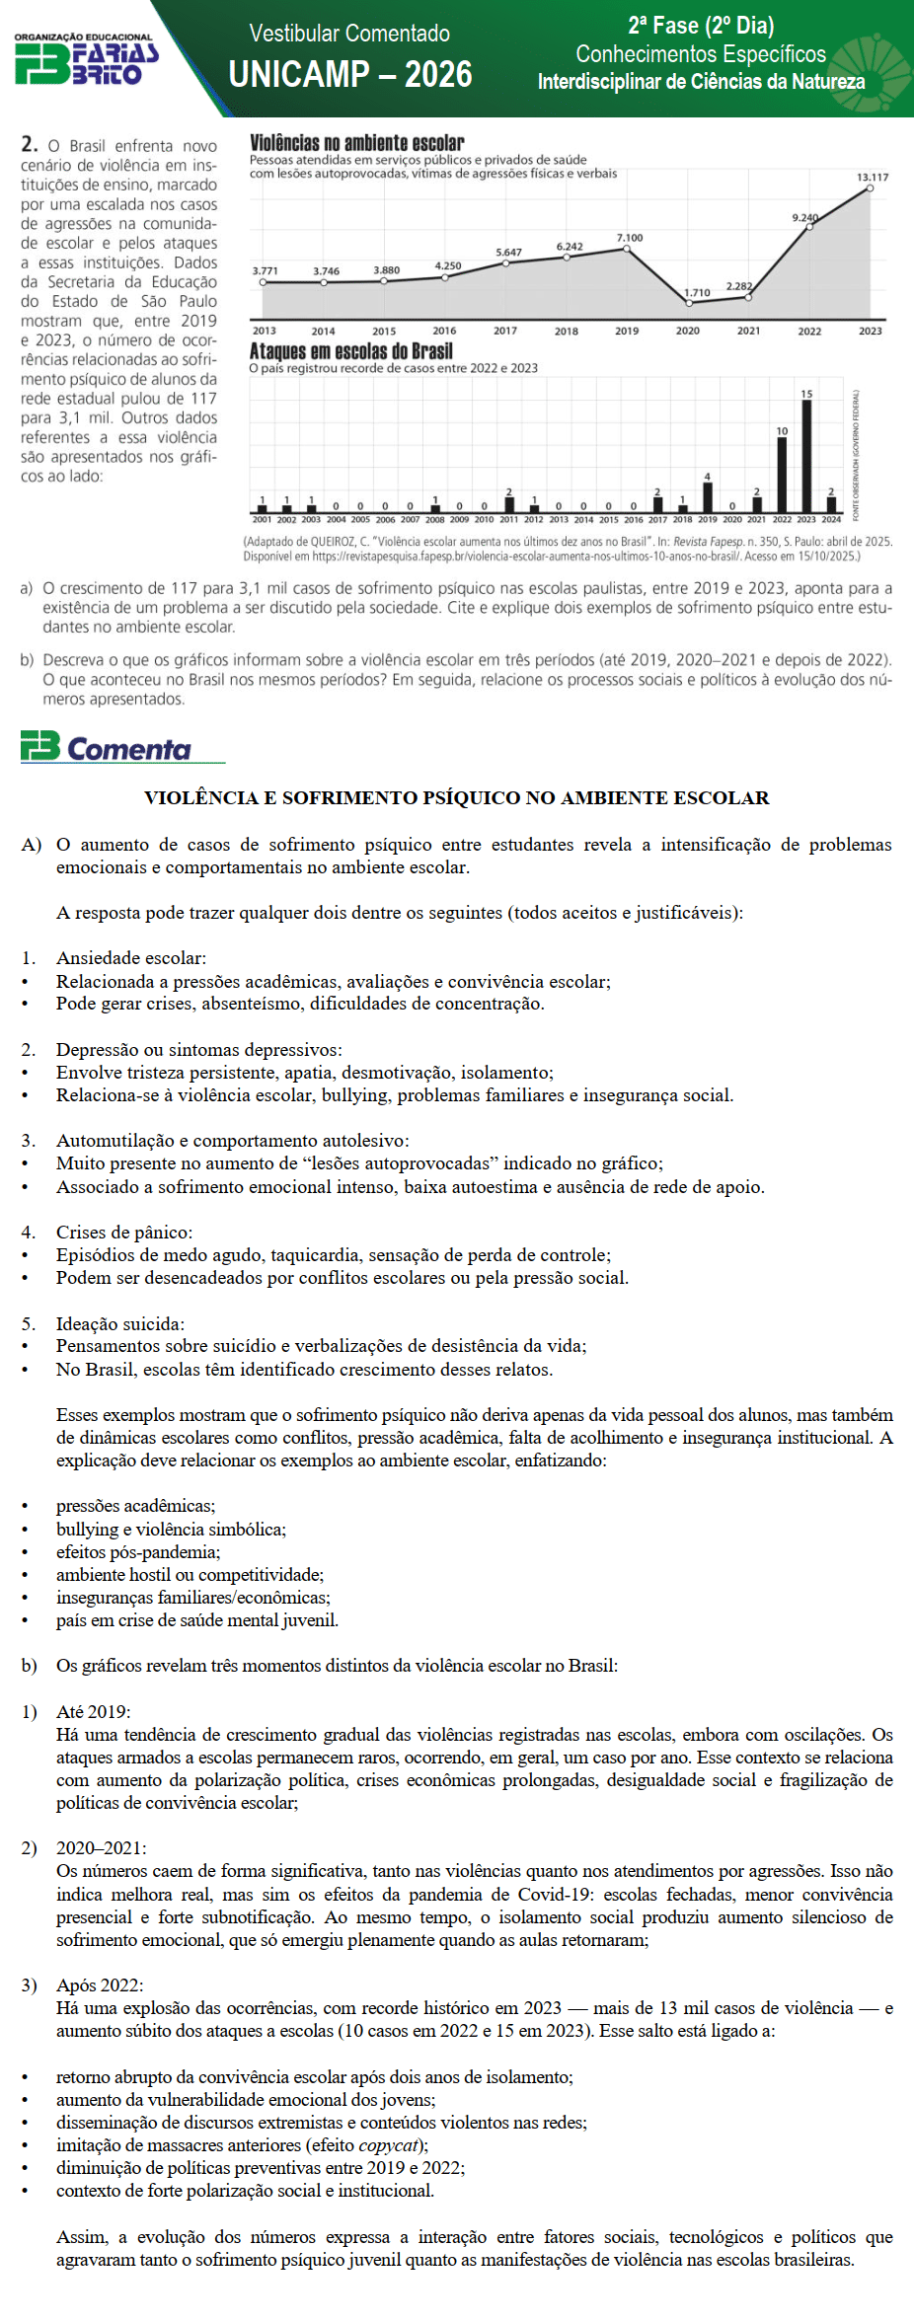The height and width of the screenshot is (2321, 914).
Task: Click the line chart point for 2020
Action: click(x=688, y=302)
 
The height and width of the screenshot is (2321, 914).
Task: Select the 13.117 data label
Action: click(x=872, y=178)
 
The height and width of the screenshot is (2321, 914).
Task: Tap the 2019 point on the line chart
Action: click(x=627, y=249)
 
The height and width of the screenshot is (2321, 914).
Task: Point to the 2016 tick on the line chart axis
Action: click(x=444, y=332)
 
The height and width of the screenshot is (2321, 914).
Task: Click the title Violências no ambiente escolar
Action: click(x=356, y=143)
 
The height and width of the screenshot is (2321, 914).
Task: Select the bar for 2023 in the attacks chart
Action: click(x=806, y=456)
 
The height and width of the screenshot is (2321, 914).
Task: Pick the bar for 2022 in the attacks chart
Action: click(x=782, y=475)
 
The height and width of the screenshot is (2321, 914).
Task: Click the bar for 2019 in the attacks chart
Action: click(x=707, y=497)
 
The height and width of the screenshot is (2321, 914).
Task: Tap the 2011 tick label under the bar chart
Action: click(x=508, y=520)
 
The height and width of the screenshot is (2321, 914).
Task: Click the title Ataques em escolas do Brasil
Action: click(x=350, y=351)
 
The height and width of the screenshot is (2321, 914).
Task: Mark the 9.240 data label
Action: click(x=804, y=217)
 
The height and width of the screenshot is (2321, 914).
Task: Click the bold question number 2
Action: click(x=30, y=144)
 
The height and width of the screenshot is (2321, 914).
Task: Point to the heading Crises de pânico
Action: click(x=124, y=1232)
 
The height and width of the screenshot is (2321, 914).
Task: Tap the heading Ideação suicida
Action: click(x=119, y=1323)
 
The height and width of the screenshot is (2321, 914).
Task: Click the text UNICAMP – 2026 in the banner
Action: click(x=350, y=75)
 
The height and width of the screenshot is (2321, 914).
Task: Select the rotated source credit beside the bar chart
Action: click(x=856, y=455)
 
